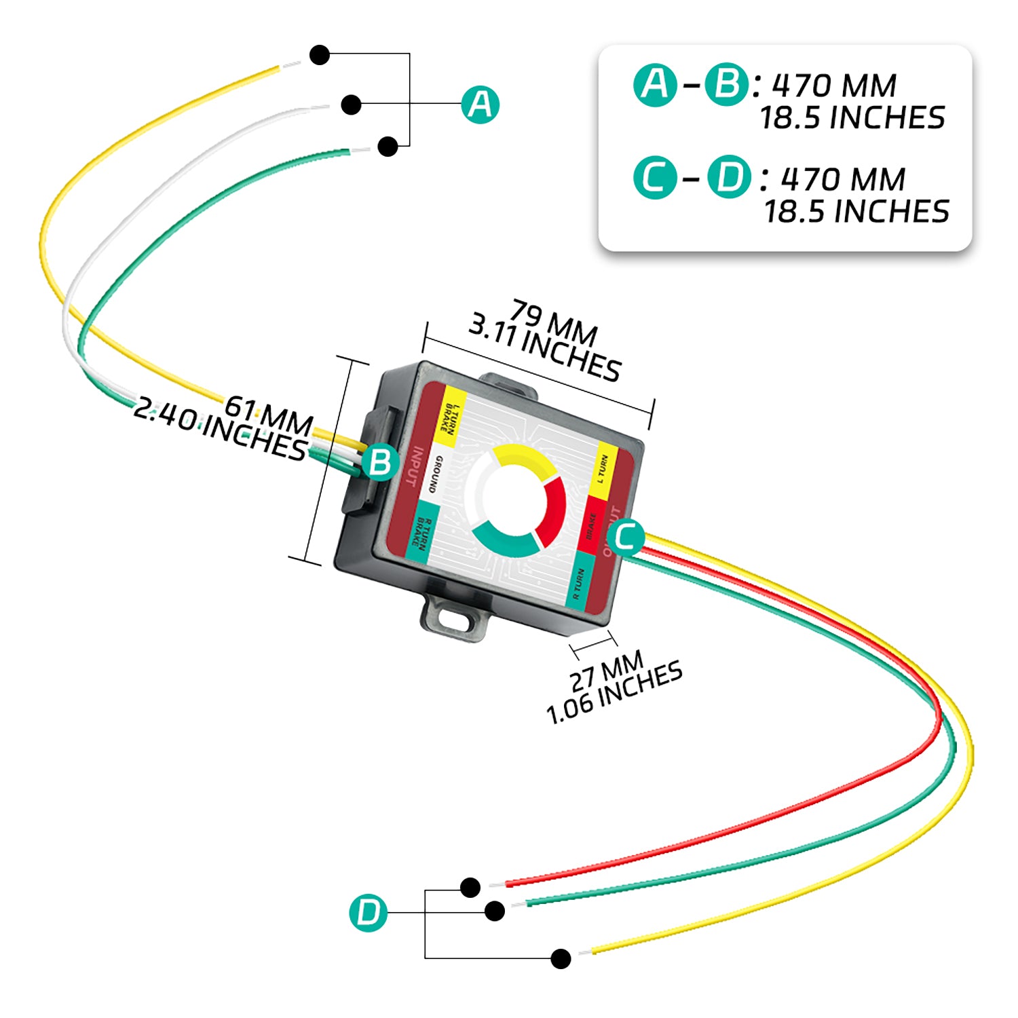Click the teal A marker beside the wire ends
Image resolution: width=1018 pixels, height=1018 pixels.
[480, 105]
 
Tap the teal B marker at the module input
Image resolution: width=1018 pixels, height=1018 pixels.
[380, 462]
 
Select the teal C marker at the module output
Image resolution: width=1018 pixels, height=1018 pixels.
[625, 537]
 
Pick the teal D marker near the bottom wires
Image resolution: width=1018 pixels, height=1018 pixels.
[369, 912]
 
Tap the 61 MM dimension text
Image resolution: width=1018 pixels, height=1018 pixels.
[269, 415]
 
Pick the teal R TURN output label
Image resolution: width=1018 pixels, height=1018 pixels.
[579, 582]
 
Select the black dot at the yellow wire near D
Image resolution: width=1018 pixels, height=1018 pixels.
[561, 958]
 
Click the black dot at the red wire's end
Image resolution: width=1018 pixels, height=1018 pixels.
[470, 887]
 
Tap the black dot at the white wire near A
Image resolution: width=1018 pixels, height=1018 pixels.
[351, 105]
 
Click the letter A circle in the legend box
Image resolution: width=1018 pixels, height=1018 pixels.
[655, 85]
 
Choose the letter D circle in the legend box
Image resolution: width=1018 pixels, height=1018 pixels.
[729, 177]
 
